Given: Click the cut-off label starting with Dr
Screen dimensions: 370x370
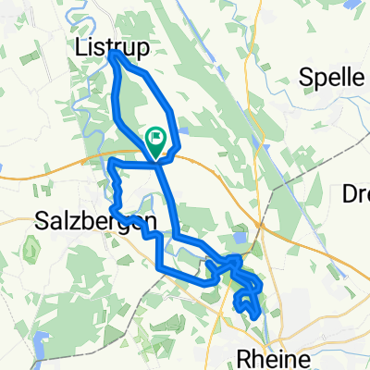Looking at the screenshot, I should point(354,194).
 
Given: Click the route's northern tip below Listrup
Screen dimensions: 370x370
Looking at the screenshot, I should point(113,55).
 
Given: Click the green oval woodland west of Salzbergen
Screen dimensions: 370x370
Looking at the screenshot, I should point(29,248).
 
